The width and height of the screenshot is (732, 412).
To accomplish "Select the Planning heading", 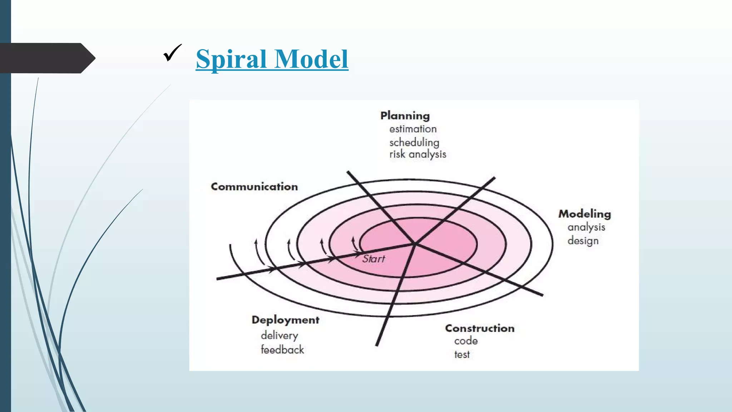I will (405, 116).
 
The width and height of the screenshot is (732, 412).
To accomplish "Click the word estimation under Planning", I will (413, 129).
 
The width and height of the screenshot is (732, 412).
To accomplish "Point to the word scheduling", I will (414, 142).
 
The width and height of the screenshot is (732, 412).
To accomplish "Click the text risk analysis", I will (417, 154).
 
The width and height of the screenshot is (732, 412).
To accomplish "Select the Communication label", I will (254, 187).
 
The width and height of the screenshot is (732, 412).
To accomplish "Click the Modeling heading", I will (585, 214).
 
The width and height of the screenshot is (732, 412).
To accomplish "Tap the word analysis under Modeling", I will (586, 227).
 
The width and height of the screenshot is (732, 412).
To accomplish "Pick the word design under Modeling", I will (583, 241).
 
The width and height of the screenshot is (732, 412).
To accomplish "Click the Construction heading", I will (480, 328).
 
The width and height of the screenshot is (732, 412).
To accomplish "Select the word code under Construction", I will (466, 341).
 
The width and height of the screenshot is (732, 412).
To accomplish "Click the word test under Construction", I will (462, 355).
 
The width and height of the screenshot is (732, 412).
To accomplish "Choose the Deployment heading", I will (285, 320).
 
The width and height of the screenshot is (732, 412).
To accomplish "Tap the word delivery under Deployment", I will (279, 335).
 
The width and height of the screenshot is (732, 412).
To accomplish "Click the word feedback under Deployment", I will (282, 350).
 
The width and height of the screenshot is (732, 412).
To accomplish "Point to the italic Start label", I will (374, 259).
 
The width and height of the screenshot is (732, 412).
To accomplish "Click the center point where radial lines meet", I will (415, 244).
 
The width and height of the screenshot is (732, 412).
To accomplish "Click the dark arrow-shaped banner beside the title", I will (46, 58).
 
